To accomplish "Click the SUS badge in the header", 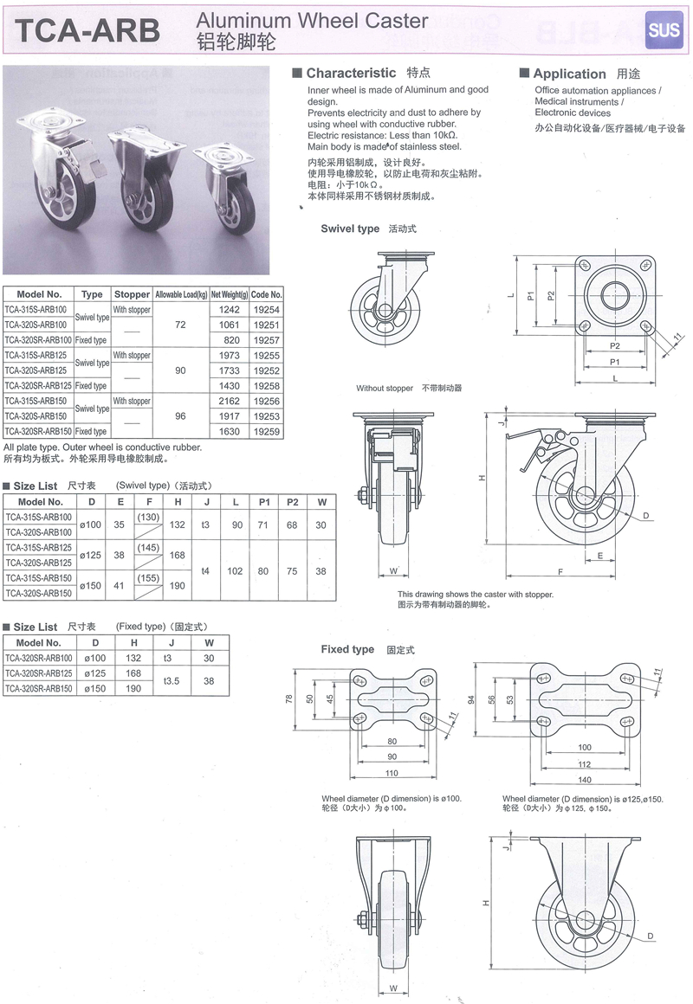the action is tap(663, 29).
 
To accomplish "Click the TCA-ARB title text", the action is tap(87, 30).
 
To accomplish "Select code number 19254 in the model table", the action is tap(267, 309).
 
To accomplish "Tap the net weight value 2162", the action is tap(229, 401).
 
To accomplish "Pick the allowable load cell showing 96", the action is tap(180, 416).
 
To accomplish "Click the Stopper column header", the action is tap(132, 294).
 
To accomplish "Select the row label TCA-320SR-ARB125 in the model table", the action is tap(38, 385).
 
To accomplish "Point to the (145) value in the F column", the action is tap(148, 548).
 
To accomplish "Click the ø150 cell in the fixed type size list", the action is tap(95, 688).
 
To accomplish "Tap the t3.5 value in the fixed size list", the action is tap(172, 680).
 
